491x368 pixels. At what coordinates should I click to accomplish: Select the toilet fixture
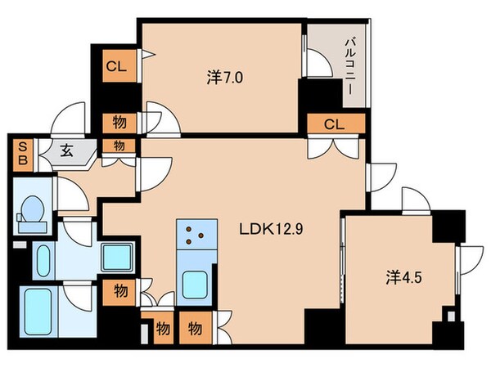click(x=34, y=213)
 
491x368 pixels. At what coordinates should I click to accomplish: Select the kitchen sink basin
click(x=196, y=285)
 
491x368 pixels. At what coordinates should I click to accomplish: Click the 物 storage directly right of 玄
click(x=118, y=146)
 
